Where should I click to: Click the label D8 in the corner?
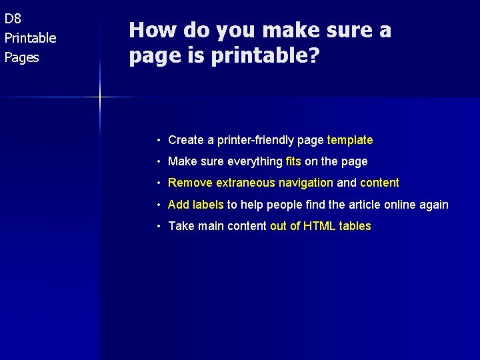pyautogui.click(x=13, y=19)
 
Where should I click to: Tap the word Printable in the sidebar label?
pyautogui.click(x=31, y=38)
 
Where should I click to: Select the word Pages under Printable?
pyautogui.click(x=22, y=57)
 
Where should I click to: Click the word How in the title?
pyautogui.click(x=147, y=31)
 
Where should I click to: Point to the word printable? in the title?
pyautogui.click(x=265, y=56)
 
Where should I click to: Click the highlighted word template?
pyautogui.click(x=350, y=140)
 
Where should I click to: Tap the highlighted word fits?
pyautogui.click(x=293, y=161)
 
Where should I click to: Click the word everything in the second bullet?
pyautogui.click(x=255, y=161)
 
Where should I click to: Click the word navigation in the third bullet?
pyautogui.click(x=306, y=183)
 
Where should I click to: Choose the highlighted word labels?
pyautogui.click(x=208, y=205)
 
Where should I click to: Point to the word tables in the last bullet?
pyautogui.click(x=355, y=226)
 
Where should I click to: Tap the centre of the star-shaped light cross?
pyautogui.click(x=100, y=98)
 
